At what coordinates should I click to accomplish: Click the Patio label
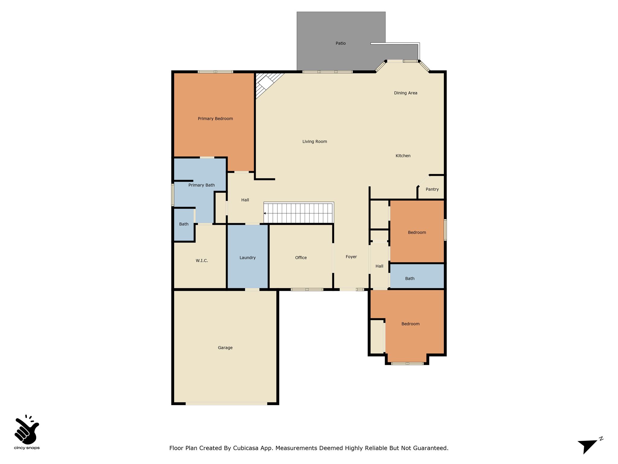pos(341,43)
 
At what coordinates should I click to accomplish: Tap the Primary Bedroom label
pos(215,119)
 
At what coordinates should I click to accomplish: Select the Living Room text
pos(315,142)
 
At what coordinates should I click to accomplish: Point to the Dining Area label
pos(406,93)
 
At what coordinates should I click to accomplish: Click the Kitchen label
pos(403,156)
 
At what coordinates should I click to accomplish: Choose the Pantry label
pos(432,189)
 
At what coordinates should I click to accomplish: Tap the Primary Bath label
pos(202,185)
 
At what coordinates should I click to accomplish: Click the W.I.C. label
pos(202,261)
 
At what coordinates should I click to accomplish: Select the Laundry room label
pos(247,258)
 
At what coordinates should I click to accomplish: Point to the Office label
pos(301,258)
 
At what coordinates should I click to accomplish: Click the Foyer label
pos(351,257)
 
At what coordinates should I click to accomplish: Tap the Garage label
pos(225,348)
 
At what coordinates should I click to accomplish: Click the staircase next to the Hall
pos(299,213)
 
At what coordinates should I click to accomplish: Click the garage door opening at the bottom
pos(226,404)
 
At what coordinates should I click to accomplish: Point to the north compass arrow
pos(588,446)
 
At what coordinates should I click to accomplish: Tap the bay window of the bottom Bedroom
pos(407,363)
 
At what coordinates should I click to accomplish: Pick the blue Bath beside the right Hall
pos(417,276)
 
